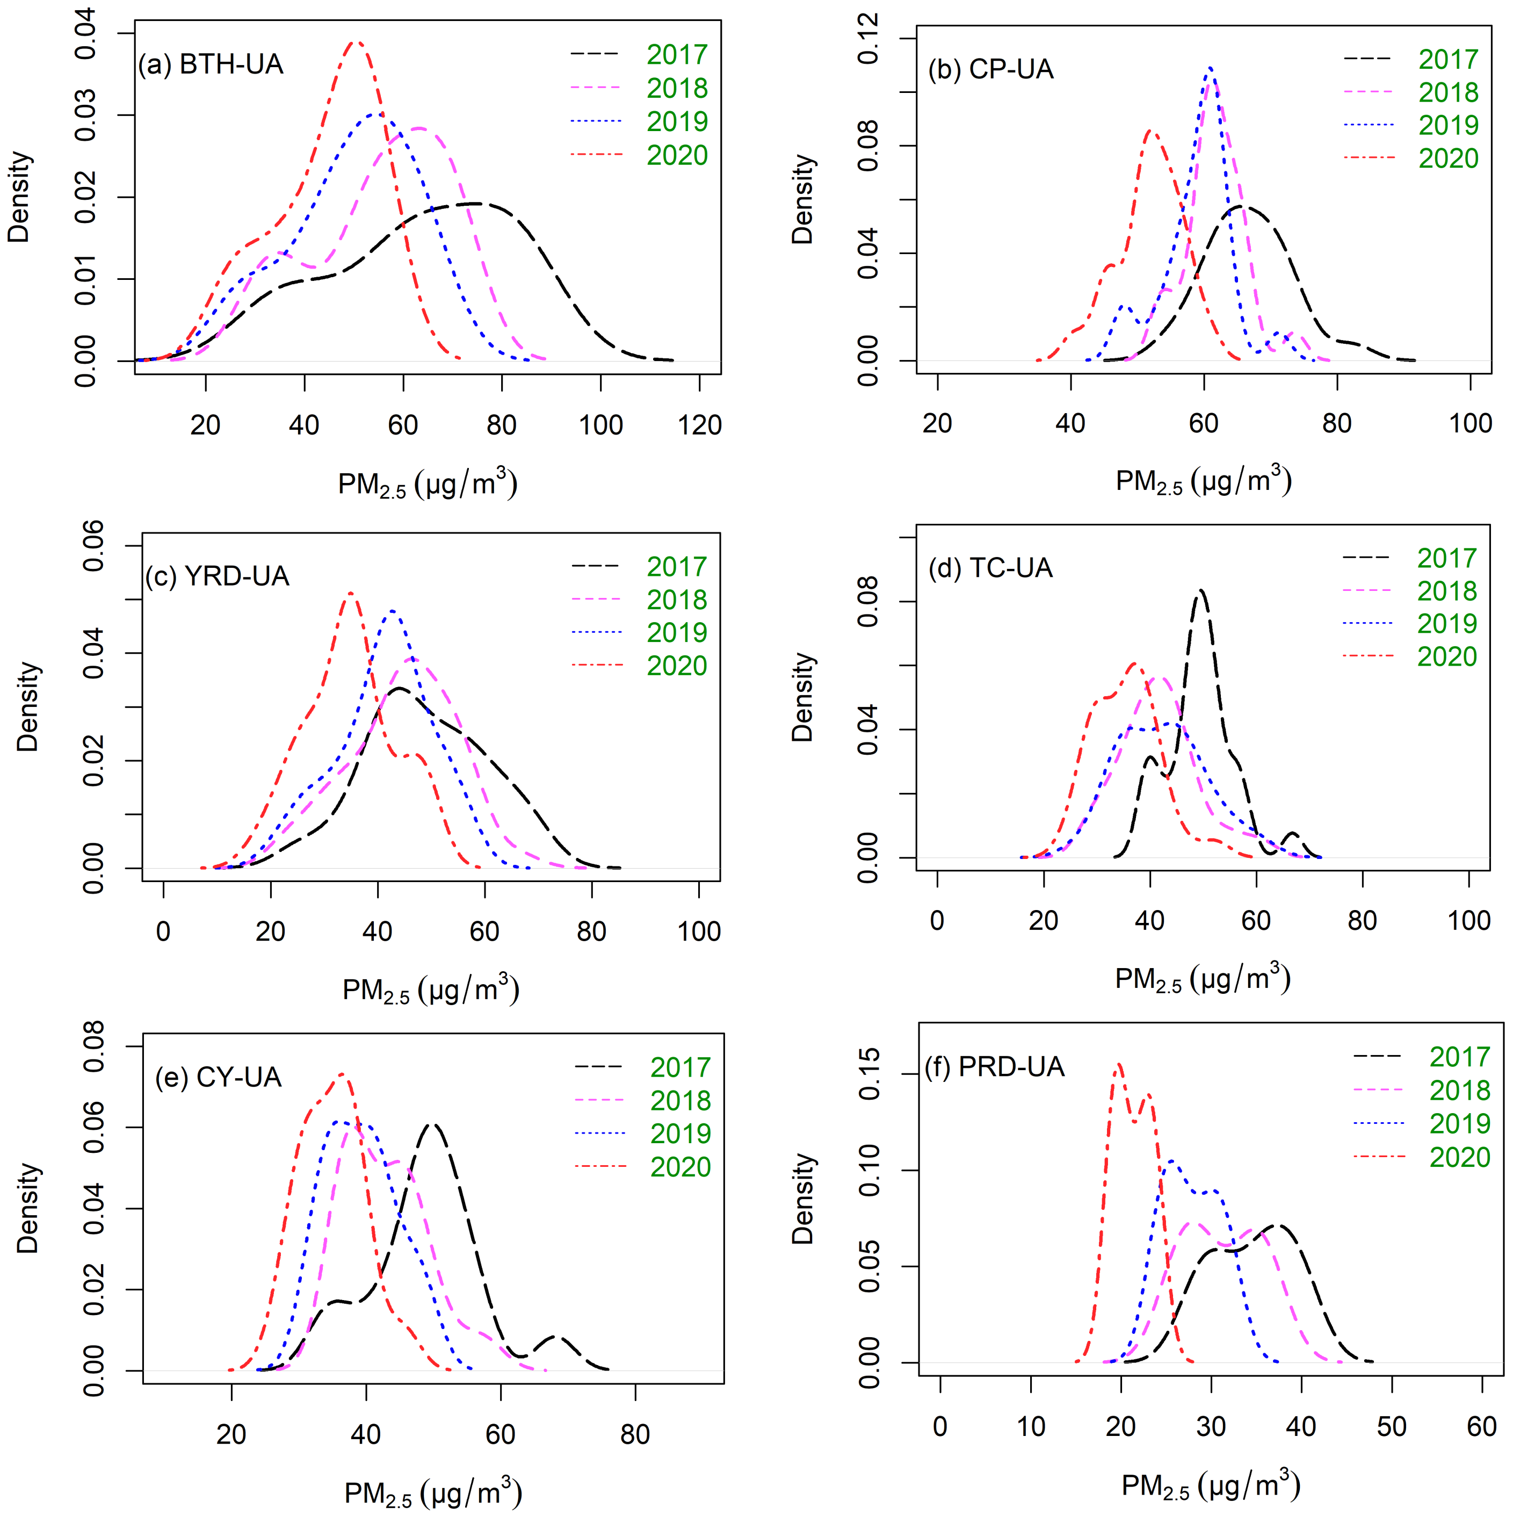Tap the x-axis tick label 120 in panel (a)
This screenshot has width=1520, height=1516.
699,425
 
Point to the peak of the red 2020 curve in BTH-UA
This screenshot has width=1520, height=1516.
356,42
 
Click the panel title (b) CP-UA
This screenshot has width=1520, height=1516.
990,69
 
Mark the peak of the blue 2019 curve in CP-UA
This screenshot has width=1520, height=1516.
1209,68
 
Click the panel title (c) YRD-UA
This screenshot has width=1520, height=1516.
217,576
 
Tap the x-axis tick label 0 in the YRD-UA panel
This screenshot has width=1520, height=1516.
163,932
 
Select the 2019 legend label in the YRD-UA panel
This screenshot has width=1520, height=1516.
677,632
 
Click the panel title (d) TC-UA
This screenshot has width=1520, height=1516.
990,567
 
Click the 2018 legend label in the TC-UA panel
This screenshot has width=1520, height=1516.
1447,591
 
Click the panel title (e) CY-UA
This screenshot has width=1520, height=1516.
218,1077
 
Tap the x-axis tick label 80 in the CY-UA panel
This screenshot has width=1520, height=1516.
635,1435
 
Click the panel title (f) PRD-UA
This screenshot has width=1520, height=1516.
995,1067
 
